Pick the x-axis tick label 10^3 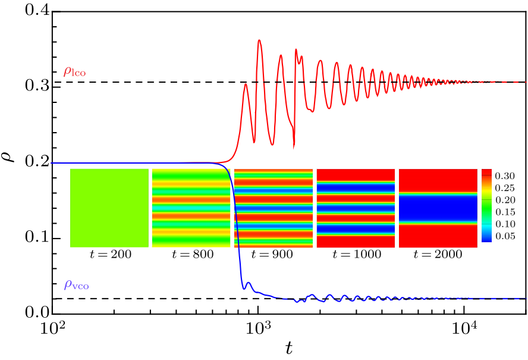pos(258,328)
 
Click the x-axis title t pos(289,349)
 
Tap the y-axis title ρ pos(10,158)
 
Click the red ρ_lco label pos(75,72)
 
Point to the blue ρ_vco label pos(76,285)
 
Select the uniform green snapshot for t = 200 pos(109,208)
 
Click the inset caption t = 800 pos(191,255)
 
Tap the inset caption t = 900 pos(273,255)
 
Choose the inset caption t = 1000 pos(356,255)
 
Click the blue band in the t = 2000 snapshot pos(438,208)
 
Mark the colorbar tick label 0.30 pos(506,176)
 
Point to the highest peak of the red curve pos(259,40)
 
